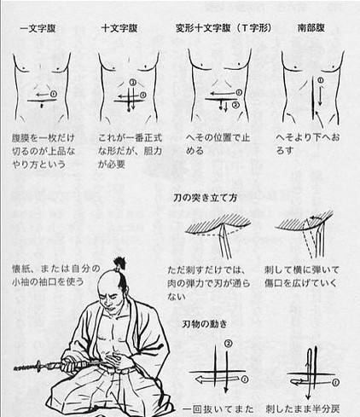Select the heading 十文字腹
click(123, 27)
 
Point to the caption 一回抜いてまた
click(210, 407)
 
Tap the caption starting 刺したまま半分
click(307, 407)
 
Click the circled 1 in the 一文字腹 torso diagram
click(53, 92)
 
